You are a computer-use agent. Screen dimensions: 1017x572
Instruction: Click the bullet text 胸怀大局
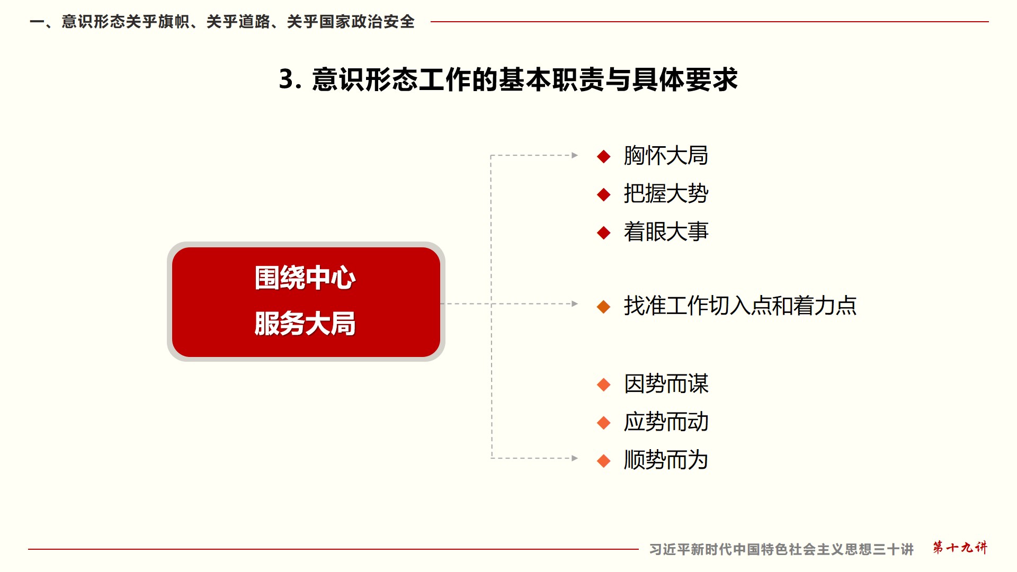click(x=666, y=156)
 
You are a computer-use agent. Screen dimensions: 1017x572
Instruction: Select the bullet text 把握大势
click(x=666, y=194)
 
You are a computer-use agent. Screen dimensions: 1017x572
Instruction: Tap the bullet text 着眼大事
click(x=666, y=232)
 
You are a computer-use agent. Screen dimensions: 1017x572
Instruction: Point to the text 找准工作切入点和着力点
click(x=740, y=306)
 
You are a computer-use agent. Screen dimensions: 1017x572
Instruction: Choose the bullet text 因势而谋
click(x=666, y=384)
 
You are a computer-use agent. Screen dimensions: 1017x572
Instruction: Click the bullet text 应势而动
click(x=666, y=422)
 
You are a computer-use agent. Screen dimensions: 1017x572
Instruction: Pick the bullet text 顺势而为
click(x=666, y=460)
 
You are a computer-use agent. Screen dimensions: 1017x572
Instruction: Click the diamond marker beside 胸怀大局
click(x=604, y=157)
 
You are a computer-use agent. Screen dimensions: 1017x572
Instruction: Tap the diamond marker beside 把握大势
click(x=604, y=195)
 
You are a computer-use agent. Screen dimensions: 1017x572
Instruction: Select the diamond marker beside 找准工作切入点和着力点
click(x=604, y=307)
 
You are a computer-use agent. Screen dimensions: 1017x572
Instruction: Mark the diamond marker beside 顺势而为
click(x=604, y=461)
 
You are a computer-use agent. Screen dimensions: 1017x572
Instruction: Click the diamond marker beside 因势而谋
click(x=604, y=385)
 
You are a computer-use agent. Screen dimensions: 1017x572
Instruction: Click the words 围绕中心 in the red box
click(x=305, y=278)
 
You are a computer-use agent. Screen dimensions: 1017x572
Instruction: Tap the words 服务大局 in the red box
click(x=305, y=324)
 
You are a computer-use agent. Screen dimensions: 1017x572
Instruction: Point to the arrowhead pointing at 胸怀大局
click(x=575, y=155)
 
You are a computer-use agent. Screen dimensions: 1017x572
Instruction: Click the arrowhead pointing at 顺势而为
click(x=575, y=458)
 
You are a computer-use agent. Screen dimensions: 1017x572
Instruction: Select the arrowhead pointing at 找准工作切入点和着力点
click(x=575, y=304)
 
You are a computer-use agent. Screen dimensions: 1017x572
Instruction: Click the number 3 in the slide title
click(x=287, y=80)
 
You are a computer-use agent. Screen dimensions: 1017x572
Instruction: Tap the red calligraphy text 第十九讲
click(x=960, y=548)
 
